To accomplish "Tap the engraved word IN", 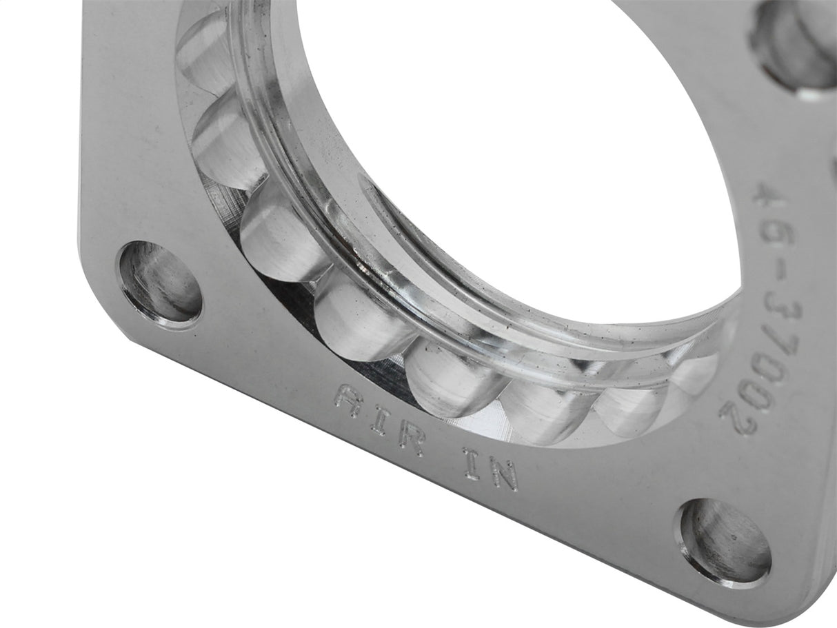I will pyautogui.click(x=490, y=469).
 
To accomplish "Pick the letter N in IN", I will pyautogui.click(x=504, y=476).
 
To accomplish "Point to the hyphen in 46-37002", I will pyautogui.click(x=776, y=265).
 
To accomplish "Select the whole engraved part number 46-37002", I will pyautogui.click(x=762, y=307).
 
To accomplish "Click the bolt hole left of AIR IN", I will pyautogui.click(x=160, y=283).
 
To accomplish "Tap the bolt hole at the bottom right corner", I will pyautogui.click(x=725, y=542).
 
